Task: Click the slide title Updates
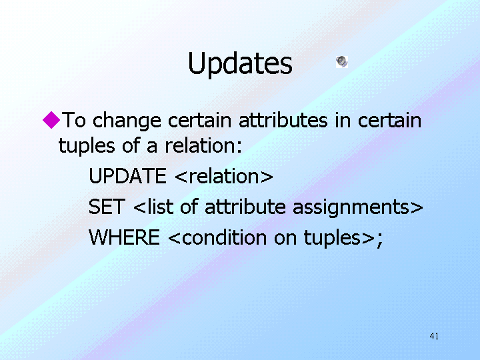pyautogui.click(x=240, y=64)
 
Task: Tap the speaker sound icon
pyautogui.click(x=341, y=61)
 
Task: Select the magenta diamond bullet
pyautogui.click(x=51, y=120)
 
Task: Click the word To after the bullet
pyautogui.click(x=74, y=120)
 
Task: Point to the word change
pyautogui.click(x=127, y=121)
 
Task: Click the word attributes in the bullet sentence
pyautogui.click(x=283, y=120)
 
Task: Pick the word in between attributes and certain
pyautogui.click(x=343, y=120)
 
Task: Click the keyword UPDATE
pyautogui.click(x=127, y=176)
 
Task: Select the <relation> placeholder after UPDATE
pyautogui.click(x=224, y=176)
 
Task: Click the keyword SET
pyautogui.click(x=107, y=207)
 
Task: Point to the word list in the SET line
pyautogui.click(x=160, y=207)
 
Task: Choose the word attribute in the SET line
pyautogui.click(x=245, y=207)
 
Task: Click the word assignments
pyautogui.click(x=351, y=208)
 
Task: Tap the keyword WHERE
pyautogui.click(x=124, y=237)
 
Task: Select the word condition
pyautogui.click(x=224, y=237)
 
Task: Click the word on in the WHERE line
pyautogui.click(x=285, y=239)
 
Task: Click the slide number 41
pyautogui.click(x=434, y=336)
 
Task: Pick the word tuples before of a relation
pyautogui.click(x=87, y=147)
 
